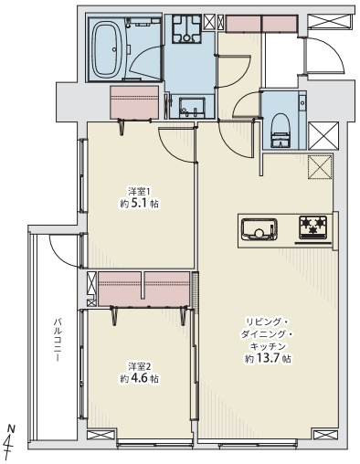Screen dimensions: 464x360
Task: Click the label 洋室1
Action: tap(139, 192)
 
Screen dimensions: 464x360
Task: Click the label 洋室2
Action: tap(139, 366)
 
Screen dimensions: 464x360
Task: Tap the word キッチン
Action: tap(268, 347)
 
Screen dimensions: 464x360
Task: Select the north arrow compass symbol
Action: tap(12, 442)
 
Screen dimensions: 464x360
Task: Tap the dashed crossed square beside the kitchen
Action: tap(320, 169)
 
